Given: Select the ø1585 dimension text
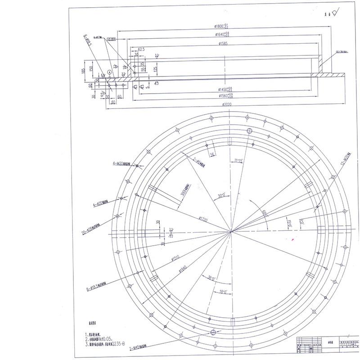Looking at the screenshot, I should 225,44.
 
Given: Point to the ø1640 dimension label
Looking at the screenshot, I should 223,35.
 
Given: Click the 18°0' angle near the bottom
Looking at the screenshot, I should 224,292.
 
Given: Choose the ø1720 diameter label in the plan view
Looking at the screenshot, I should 204,219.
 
